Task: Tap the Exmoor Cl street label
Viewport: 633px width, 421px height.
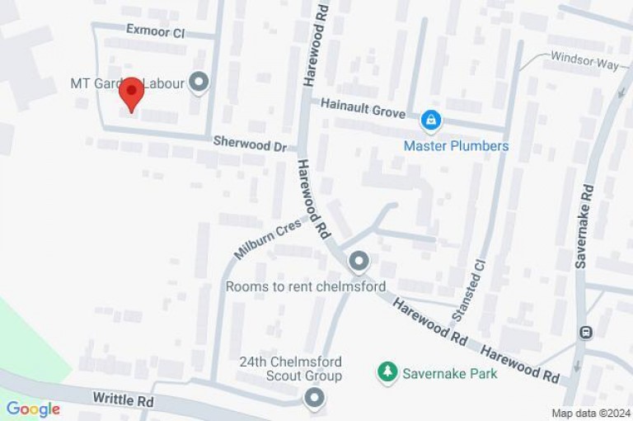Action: click(155, 31)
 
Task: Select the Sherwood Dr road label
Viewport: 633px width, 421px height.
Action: click(250, 142)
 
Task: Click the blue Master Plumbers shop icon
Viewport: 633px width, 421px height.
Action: click(430, 121)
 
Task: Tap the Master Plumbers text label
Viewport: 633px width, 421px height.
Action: click(456, 146)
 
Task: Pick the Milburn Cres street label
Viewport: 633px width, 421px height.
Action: click(268, 239)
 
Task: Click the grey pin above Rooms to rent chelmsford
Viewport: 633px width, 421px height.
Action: click(359, 263)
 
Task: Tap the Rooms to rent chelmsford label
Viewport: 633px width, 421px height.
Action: click(306, 287)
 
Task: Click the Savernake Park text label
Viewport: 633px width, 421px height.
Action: click(450, 374)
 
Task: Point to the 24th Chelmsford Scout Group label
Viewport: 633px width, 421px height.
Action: click(290, 369)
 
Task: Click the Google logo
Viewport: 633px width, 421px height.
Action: click(33, 409)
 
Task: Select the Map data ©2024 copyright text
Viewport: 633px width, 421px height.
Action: click(590, 414)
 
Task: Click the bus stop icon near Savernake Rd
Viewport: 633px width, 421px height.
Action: click(586, 333)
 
